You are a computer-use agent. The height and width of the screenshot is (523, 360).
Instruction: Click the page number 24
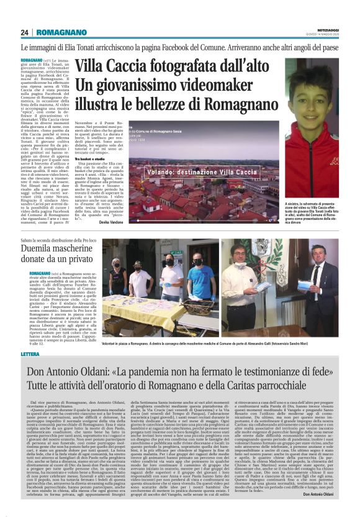point(25,32)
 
